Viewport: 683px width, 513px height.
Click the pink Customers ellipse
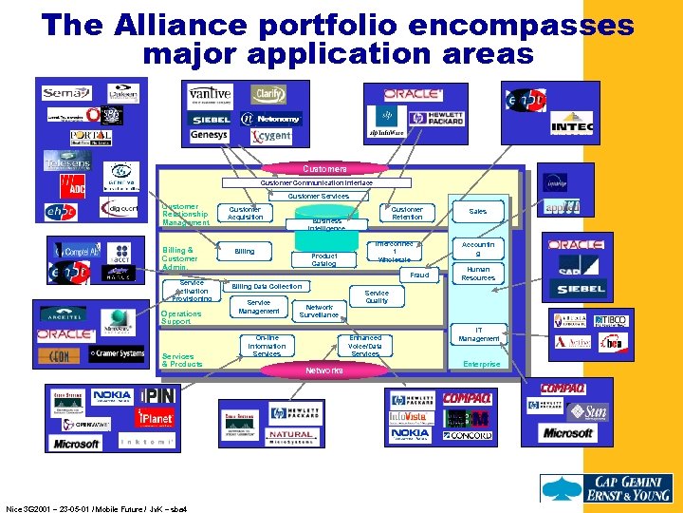point(324,168)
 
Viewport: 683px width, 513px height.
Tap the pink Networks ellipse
point(324,370)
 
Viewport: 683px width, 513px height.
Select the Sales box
point(477,211)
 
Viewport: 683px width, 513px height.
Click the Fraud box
point(419,275)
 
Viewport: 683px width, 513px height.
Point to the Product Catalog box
point(324,259)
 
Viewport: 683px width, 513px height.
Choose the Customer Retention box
point(407,213)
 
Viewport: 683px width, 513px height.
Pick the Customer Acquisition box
point(245,213)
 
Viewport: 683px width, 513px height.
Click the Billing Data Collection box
point(267,286)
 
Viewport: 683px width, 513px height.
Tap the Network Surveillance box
point(320,311)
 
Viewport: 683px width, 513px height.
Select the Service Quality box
point(377,296)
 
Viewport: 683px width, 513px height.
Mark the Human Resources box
point(477,273)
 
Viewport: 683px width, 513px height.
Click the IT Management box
point(478,334)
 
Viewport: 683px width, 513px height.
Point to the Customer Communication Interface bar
point(317,182)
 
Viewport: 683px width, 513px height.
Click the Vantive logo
point(210,95)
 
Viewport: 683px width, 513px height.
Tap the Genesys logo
point(209,135)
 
